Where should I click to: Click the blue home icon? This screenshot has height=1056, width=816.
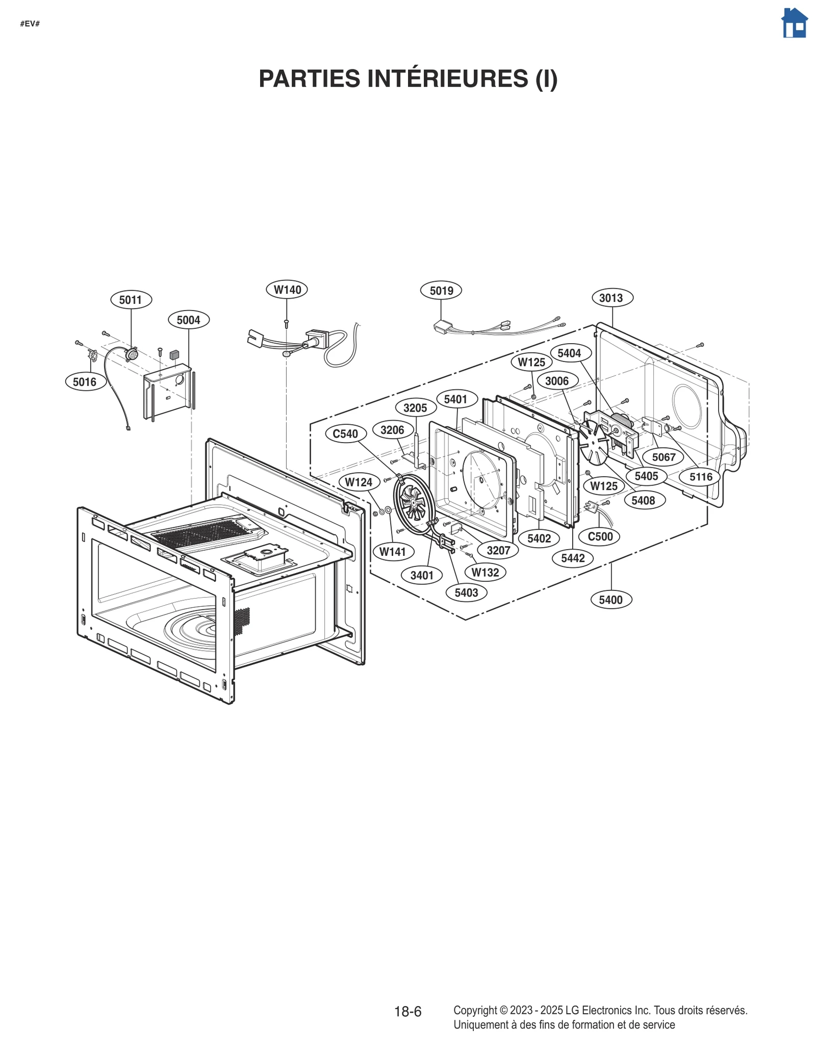(794, 23)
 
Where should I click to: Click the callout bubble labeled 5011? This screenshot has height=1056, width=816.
(131, 299)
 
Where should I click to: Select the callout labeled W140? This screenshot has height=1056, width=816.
(287, 290)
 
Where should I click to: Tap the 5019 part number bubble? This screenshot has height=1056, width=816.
(441, 291)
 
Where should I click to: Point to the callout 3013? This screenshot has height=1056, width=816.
(613, 298)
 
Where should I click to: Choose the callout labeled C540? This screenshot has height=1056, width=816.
(345, 434)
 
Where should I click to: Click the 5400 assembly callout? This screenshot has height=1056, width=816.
(611, 600)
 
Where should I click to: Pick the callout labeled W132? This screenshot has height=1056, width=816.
(485, 572)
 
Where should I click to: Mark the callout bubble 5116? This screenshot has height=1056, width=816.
(701, 477)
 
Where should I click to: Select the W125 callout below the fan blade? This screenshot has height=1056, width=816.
(604, 486)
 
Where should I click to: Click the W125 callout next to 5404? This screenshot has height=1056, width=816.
(531, 362)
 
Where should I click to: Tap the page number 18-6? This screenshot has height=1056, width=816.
(407, 1012)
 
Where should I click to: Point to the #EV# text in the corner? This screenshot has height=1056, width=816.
(30, 24)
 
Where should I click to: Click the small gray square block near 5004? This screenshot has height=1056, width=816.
(175, 354)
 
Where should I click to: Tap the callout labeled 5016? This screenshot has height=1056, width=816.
(85, 381)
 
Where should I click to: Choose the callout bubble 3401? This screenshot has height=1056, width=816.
(422, 575)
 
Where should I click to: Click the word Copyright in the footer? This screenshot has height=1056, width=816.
(475, 1010)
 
